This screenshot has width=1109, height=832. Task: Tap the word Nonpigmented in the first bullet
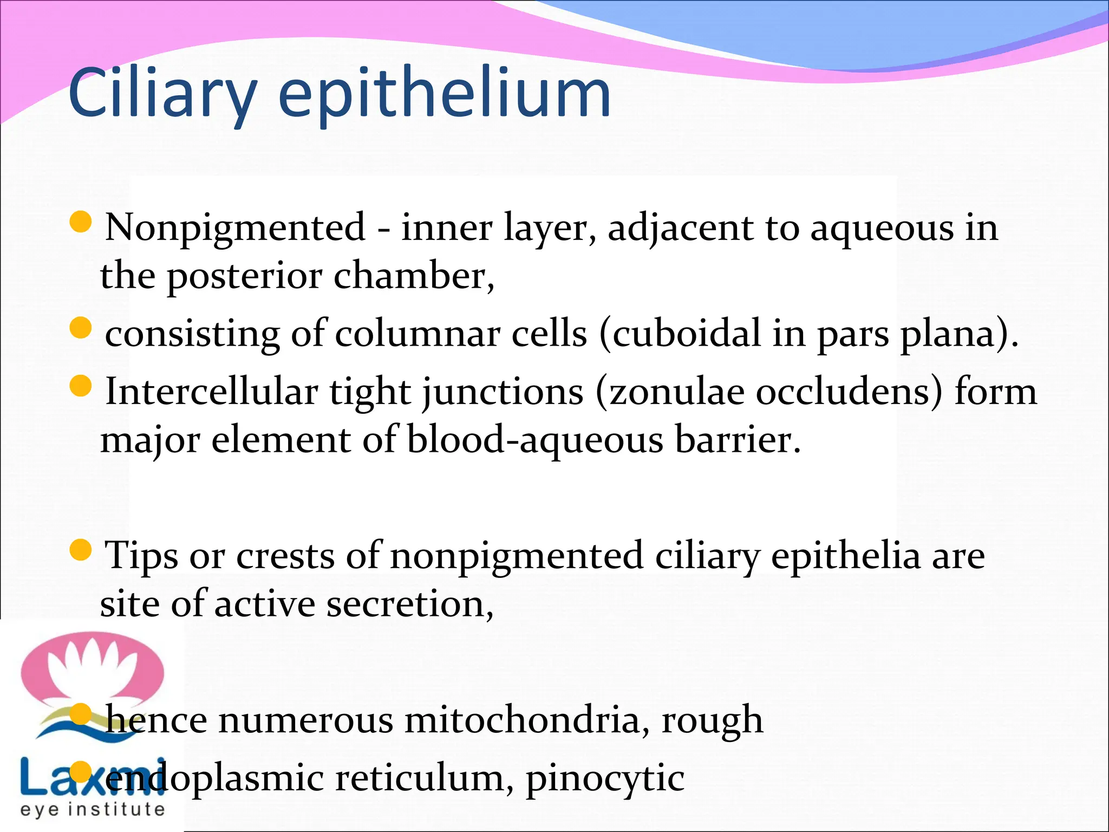point(235,227)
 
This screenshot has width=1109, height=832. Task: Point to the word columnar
point(417,334)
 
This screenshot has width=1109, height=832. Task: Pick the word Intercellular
point(211,391)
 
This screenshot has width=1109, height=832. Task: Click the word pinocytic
point(605,779)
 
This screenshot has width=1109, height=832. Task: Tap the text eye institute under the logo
point(92,809)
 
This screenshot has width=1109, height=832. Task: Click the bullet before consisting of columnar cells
point(81,328)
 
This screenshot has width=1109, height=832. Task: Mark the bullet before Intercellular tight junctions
point(81,386)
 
